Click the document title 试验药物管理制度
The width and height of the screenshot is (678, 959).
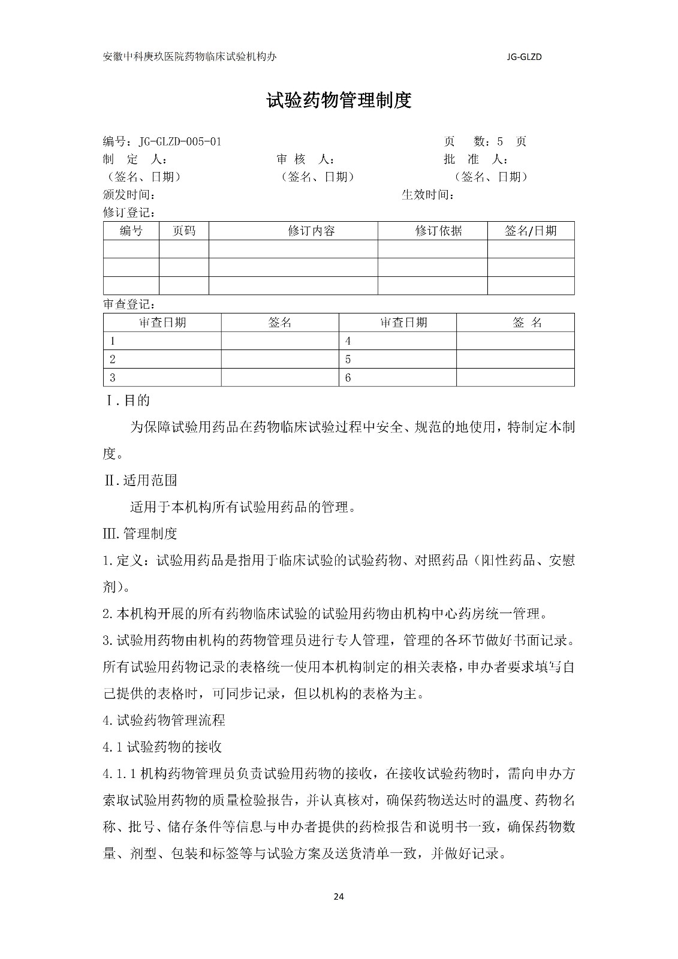click(339, 101)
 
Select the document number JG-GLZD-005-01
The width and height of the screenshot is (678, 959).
click(180, 142)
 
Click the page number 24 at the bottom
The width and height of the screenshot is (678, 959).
click(339, 897)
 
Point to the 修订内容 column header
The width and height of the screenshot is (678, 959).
click(311, 231)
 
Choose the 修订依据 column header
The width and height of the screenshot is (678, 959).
click(438, 231)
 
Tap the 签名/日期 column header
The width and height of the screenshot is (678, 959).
click(531, 231)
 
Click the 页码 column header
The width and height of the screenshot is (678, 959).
click(183, 231)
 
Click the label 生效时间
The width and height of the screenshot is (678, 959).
click(427, 195)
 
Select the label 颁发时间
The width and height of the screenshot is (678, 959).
click(129, 195)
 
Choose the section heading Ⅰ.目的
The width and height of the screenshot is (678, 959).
click(128, 400)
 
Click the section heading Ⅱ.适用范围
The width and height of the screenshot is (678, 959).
click(140, 480)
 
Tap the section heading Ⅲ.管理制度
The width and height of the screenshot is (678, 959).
click(140, 533)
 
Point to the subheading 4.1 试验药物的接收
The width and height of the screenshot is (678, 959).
click(162, 747)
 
